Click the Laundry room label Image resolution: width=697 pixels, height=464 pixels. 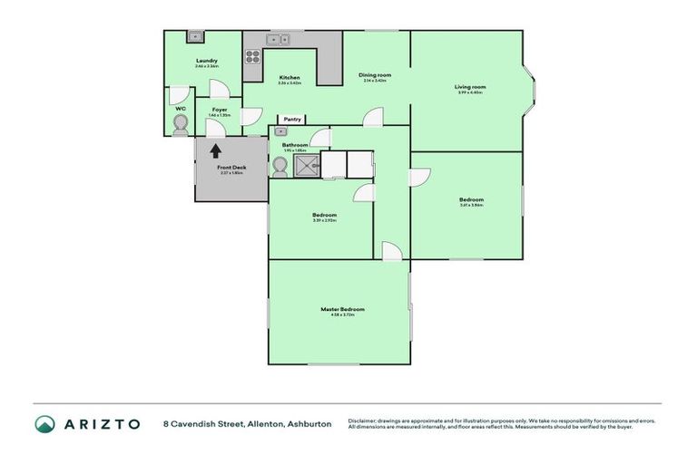click(x=206, y=61)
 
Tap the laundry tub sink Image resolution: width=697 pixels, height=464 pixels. click(x=194, y=37)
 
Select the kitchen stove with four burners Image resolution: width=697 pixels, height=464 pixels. click(x=253, y=56)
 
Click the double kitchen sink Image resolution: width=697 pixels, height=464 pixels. click(x=279, y=39)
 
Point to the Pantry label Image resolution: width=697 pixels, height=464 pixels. click(x=291, y=119)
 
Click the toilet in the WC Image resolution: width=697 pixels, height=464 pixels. click(x=180, y=123)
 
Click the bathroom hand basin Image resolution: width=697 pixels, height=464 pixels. click(x=280, y=132)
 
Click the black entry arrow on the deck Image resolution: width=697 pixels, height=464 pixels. click(x=216, y=151)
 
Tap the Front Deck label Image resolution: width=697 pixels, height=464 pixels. click(x=231, y=168)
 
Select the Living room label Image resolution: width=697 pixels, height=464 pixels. click(x=470, y=87)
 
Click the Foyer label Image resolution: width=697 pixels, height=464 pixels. click(x=220, y=110)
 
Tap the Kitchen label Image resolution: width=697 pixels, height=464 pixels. click(x=290, y=77)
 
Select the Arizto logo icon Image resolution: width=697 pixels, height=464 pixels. click(x=44, y=424)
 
